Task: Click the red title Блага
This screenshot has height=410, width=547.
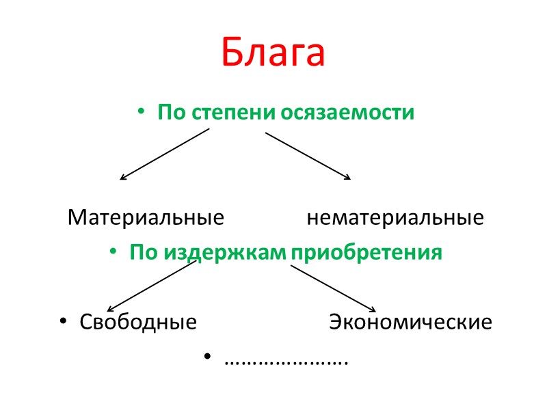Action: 273,53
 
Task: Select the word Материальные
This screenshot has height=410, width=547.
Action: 146,218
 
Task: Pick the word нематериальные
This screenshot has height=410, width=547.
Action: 395,218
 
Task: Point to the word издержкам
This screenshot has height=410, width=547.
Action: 226,253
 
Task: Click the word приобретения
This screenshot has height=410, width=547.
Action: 366,253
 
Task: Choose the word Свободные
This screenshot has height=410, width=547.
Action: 138,322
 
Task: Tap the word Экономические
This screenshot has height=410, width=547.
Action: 410,322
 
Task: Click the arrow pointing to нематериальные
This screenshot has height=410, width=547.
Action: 308,156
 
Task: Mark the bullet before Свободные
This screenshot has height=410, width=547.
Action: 63,322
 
